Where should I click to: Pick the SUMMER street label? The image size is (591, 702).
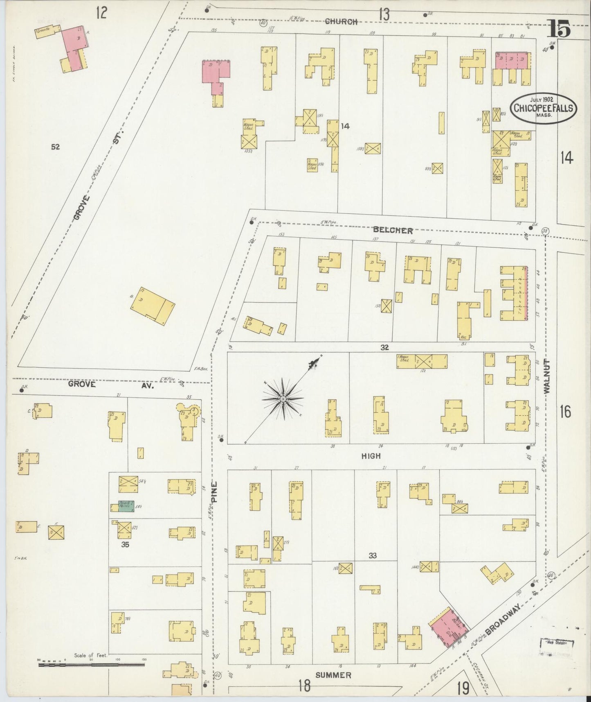[x=334, y=675]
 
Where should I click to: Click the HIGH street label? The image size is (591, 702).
[x=371, y=455]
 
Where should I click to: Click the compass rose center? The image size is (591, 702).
[x=283, y=399]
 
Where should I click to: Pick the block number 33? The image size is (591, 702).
[x=372, y=555]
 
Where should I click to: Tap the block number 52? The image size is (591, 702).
[x=56, y=147]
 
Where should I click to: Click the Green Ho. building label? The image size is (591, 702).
[x=42, y=31]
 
